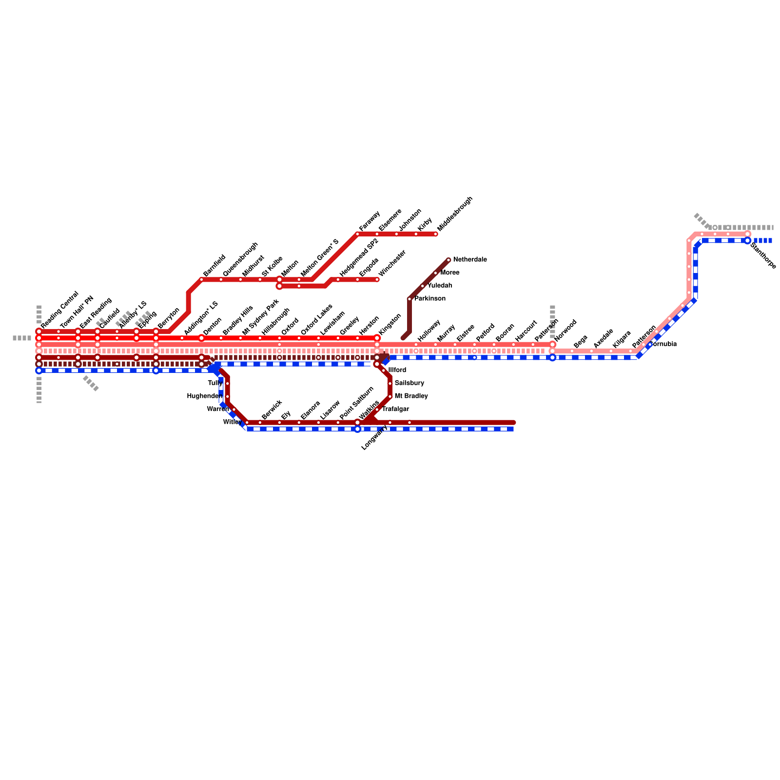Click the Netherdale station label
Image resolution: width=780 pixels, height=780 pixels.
tap(469, 260)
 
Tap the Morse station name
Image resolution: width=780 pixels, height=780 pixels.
tap(449, 273)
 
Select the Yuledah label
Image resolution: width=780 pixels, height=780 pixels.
tap(439, 286)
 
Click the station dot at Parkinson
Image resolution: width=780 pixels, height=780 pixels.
tap(409, 299)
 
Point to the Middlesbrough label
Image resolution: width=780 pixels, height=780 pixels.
tap(455, 214)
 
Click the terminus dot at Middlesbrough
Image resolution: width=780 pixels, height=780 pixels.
tap(436, 234)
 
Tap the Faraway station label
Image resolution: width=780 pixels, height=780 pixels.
tap(369, 221)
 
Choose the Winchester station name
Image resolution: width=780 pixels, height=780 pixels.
tap(392, 263)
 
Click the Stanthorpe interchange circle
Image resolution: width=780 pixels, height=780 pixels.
tap(748, 240)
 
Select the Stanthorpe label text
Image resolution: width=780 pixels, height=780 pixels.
tap(763, 256)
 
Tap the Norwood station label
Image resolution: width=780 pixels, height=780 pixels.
tap(565, 330)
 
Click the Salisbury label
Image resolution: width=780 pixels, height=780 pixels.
tap(409, 383)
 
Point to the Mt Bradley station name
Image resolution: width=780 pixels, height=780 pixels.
tap(411, 396)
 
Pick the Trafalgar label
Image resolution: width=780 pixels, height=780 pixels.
tap(395, 409)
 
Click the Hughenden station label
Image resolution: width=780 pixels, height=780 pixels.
tap(205, 396)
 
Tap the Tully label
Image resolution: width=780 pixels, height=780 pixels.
tap(215, 383)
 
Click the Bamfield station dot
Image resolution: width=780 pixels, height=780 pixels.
tap(201, 279)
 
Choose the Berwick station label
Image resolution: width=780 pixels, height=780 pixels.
tap(272, 409)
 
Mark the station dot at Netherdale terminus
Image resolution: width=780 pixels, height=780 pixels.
tap(448, 260)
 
